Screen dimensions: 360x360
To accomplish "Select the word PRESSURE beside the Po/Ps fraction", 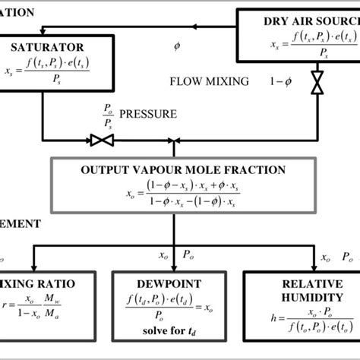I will coord(152,115).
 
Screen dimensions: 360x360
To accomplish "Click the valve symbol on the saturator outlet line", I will coord(100,140).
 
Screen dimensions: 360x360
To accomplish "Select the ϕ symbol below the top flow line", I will coord(177,47).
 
